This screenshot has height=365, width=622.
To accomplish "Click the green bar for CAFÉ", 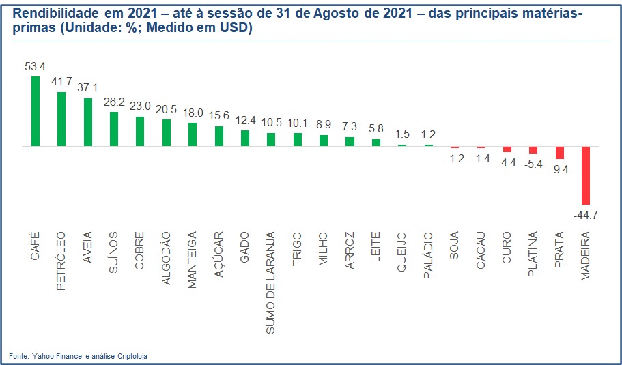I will (x=36, y=111).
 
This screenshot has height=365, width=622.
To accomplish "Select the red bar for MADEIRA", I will (x=585, y=175).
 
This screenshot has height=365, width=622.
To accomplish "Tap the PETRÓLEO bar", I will (x=61, y=119).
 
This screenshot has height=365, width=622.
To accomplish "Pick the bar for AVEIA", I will (x=87, y=122).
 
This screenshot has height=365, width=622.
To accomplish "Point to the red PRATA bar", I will (x=559, y=153).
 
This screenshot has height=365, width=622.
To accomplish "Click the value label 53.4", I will (x=34, y=66).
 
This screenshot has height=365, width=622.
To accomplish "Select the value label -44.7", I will (x=585, y=214).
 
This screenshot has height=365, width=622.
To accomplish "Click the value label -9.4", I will (x=559, y=169).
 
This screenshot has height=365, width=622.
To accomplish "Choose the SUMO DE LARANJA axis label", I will (x=270, y=282).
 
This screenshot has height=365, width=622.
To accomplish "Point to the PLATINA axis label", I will (x=533, y=255).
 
